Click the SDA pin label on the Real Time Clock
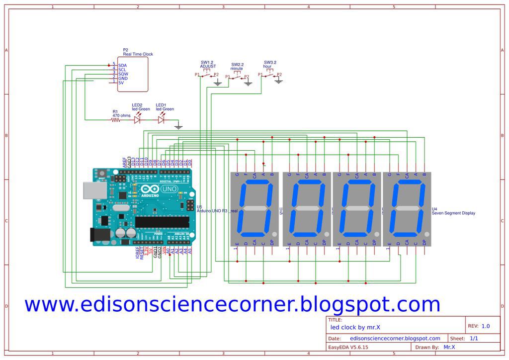122,65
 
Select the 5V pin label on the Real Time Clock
121,83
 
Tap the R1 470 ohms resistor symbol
116,120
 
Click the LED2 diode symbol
137,120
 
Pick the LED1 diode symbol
161,120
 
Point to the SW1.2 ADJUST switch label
208,64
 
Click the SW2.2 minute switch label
237,67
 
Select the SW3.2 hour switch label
270,64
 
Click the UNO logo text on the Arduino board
170,189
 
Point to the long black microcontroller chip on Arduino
162,222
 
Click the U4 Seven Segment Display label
453,211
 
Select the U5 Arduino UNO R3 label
217,209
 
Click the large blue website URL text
232,304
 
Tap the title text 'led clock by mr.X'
355,327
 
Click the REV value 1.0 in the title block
485,326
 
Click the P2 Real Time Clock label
138,52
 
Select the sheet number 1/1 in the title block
474,338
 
